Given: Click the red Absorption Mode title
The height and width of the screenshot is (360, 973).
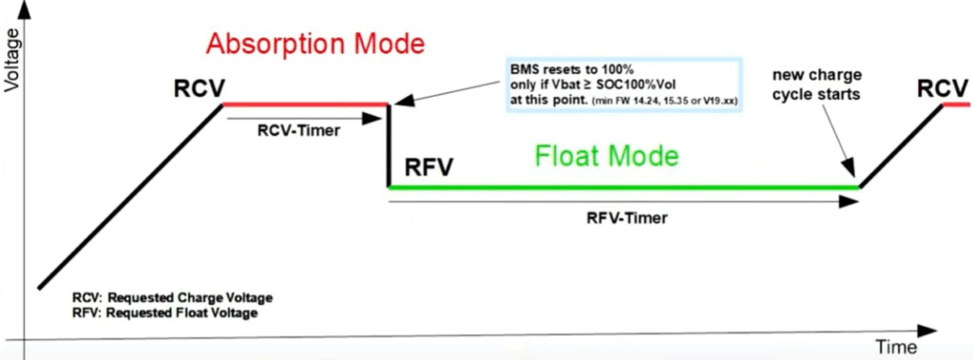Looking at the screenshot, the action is (315, 44).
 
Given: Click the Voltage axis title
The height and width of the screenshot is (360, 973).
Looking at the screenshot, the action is (12, 66).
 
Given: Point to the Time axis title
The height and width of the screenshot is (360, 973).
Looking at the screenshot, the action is (896, 346).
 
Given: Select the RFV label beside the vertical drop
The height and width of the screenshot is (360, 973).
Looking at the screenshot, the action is (429, 167).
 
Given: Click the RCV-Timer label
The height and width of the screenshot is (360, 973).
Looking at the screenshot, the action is (299, 131).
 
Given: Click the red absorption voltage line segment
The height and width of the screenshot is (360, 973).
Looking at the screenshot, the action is (305, 104).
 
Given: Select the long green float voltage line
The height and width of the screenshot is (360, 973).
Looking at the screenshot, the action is (623, 186).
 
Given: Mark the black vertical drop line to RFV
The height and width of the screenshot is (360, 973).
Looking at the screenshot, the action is (389, 146).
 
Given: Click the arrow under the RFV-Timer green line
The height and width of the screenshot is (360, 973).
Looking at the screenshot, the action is (623, 201).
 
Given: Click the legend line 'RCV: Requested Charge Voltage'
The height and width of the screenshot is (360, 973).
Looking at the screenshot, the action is (173, 297).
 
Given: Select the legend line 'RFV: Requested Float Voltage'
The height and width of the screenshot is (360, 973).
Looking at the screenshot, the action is (165, 313).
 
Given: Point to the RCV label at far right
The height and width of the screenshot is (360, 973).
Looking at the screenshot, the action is (944, 88).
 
